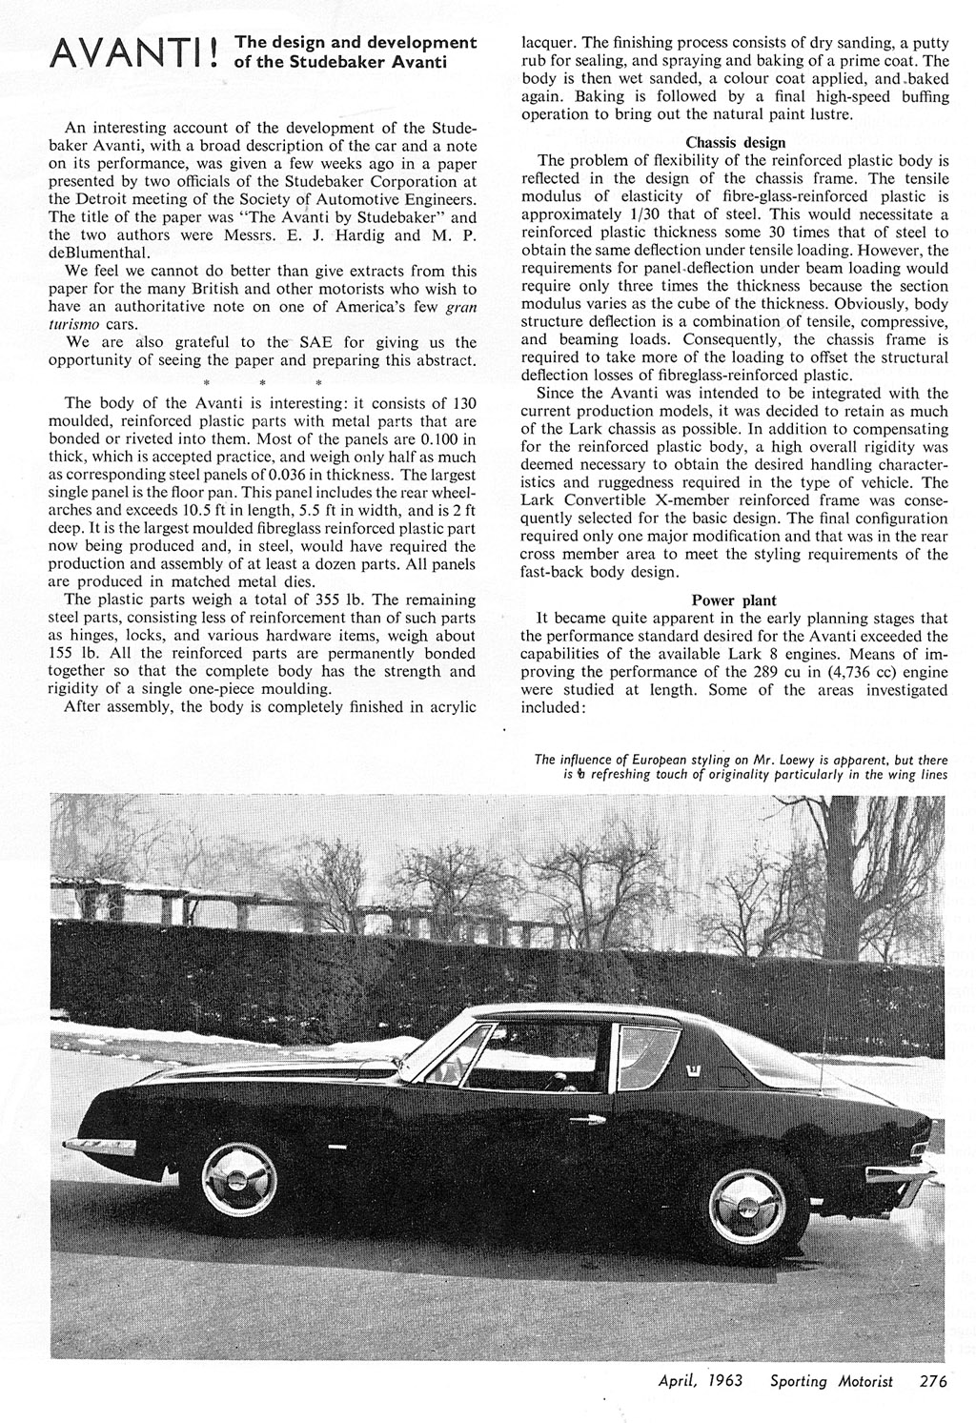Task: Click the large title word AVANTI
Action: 129,53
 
